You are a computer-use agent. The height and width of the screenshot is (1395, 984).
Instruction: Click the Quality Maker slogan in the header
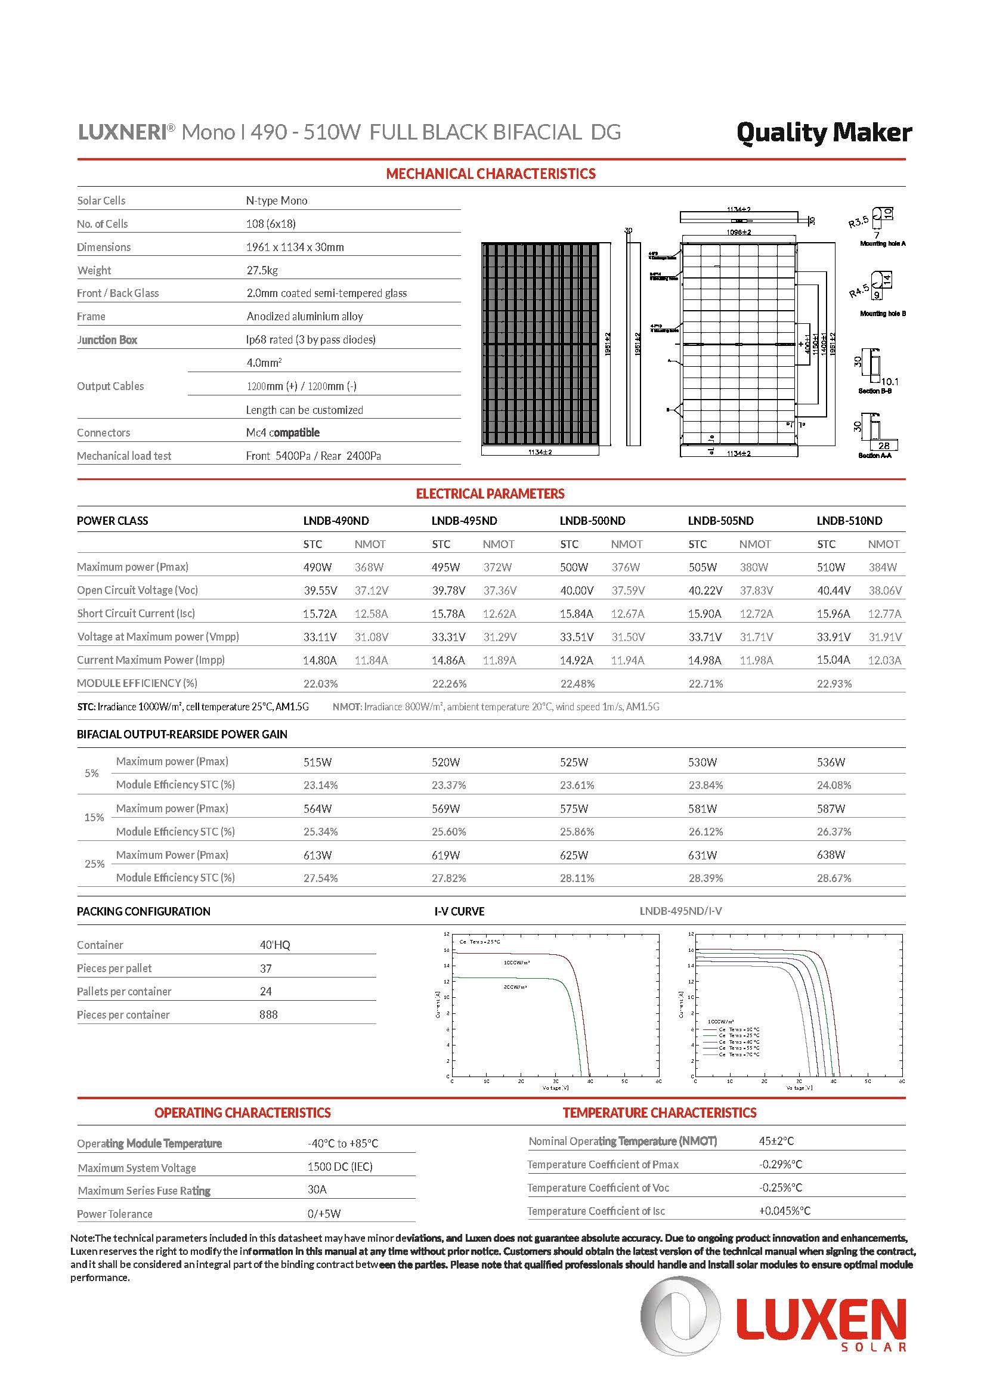pos(824,133)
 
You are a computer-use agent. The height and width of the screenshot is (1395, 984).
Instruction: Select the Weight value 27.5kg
pos(262,270)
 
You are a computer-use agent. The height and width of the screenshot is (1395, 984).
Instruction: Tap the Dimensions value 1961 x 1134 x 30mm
pos(295,248)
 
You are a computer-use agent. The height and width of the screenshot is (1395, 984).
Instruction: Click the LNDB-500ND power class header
pos(592,521)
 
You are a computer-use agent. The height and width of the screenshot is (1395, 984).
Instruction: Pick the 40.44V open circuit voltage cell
pos(833,590)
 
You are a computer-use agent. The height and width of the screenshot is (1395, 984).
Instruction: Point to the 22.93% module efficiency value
pos(834,683)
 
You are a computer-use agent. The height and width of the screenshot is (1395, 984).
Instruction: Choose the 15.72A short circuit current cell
pos(320,614)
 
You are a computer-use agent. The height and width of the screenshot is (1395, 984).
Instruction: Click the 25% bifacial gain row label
pos(94,864)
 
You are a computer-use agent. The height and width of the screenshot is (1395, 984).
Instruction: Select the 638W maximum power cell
pos(830,855)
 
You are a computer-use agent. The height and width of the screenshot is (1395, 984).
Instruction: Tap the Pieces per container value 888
pos(268,1014)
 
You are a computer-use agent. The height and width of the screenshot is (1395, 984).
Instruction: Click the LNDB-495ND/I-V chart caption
pos(680,911)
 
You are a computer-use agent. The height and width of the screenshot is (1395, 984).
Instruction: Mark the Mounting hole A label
pos(882,244)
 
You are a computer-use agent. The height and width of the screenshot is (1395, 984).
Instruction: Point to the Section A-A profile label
pos(875,456)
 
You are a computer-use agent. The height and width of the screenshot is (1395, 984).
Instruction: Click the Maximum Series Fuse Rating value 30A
pos(317,1190)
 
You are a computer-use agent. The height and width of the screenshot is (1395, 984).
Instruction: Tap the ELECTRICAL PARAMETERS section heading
pos(490,494)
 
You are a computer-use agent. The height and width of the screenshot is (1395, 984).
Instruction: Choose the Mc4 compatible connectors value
pos(283,432)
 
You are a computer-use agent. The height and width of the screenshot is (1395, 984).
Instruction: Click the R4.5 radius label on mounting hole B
pos(858,291)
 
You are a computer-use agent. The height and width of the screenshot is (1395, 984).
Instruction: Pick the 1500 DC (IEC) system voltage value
pos(339,1167)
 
